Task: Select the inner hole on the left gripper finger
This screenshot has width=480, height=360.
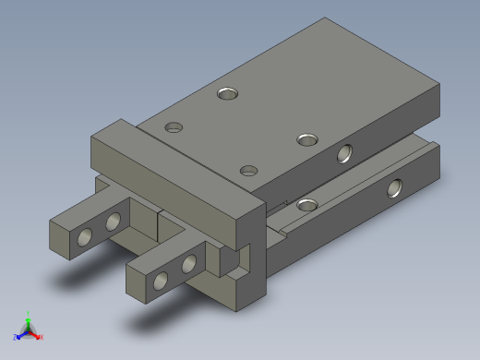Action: (x=114, y=222)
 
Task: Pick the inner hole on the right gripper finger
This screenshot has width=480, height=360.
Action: (x=190, y=264)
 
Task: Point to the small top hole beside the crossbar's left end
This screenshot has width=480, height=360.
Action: (x=173, y=126)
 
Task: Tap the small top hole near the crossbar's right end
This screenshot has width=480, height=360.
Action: (x=247, y=170)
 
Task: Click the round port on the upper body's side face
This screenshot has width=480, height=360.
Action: (x=345, y=152)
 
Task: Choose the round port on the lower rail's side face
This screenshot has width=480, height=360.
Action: (x=395, y=188)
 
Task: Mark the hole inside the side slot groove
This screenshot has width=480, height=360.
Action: (x=307, y=204)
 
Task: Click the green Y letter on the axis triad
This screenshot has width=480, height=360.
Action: (x=29, y=313)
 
